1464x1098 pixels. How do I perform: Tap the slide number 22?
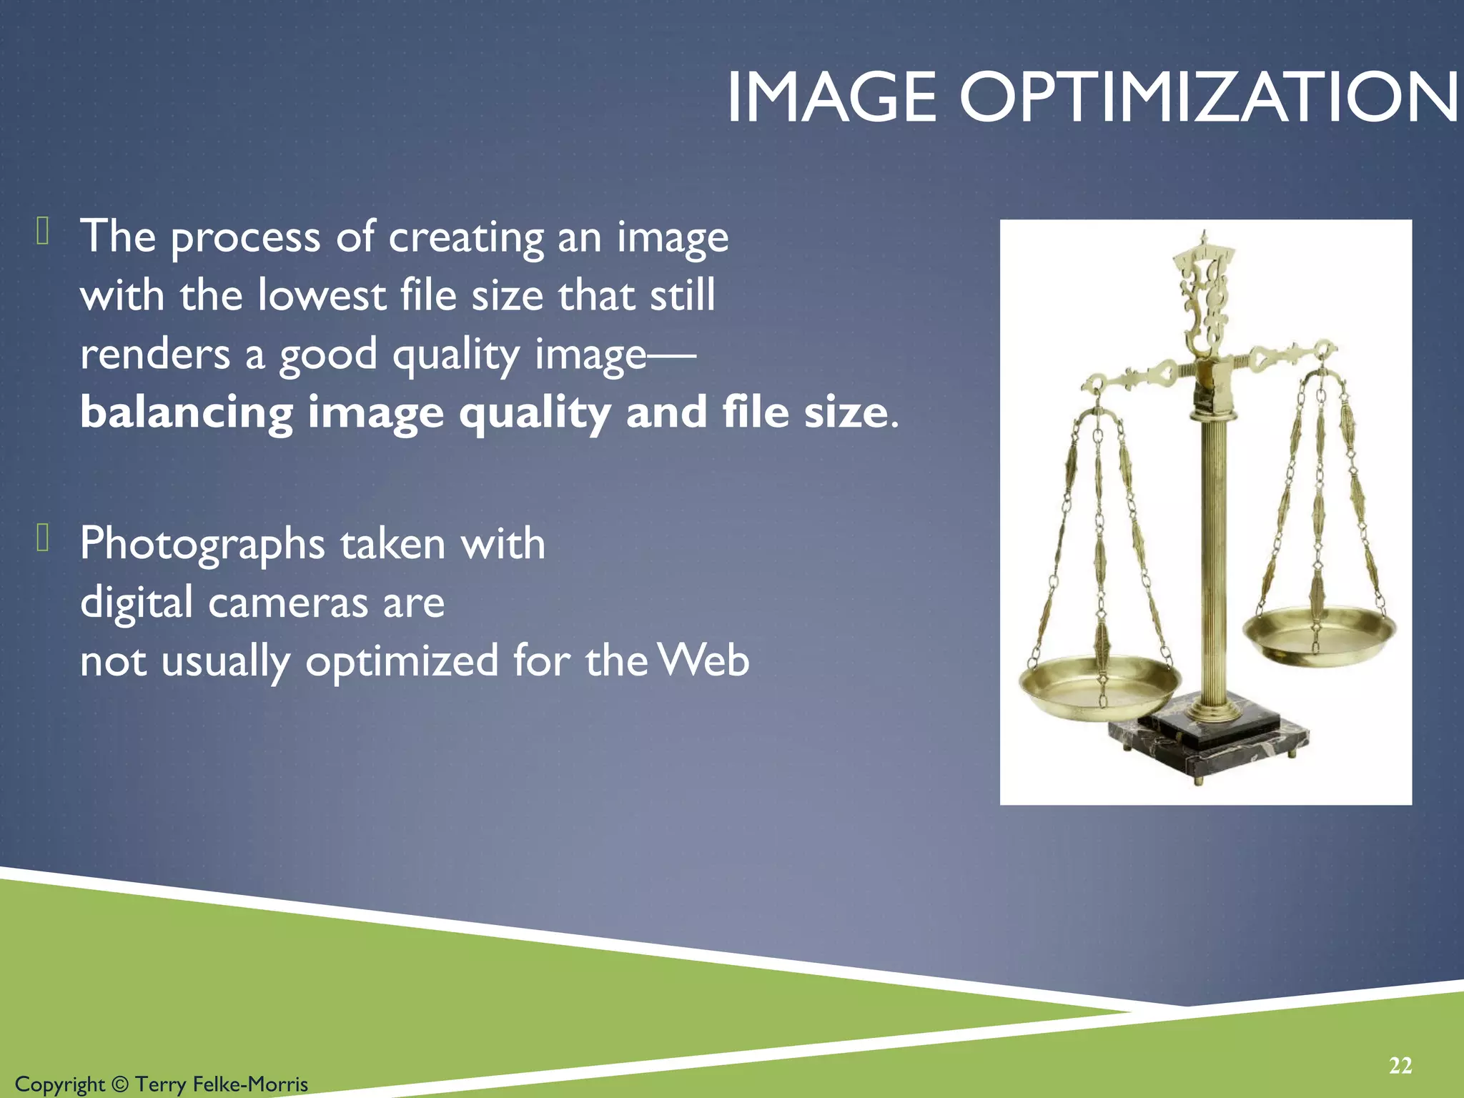[x=1400, y=1066]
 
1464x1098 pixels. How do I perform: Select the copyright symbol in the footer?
[x=120, y=1084]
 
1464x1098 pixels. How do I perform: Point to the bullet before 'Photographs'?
[x=43, y=538]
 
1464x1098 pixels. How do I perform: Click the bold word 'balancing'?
[x=187, y=413]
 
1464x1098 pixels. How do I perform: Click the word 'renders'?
[x=155, y=355]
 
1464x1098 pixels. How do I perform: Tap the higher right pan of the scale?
[x=1319, y=633]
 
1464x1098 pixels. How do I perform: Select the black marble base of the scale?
[x=1208, y=747]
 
